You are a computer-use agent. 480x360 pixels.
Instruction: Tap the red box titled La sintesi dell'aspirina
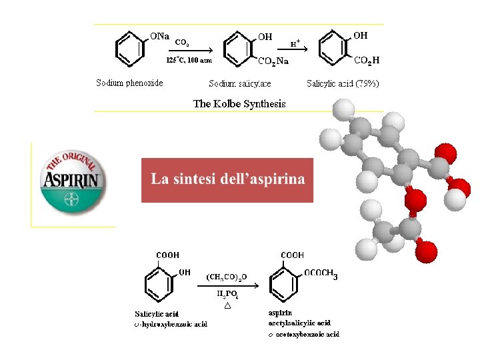pyautogui.click(x=227, y=179)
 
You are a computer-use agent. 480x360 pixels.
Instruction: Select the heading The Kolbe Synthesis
pyautogui.click(x=239, y=103)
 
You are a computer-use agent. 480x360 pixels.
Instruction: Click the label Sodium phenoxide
pyautogui.click(x=129, y=83)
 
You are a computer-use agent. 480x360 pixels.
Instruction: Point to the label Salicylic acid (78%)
pyautogui.click(x=343, y=83)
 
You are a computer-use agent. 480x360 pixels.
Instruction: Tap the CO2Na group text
pyautogui.click(x=273, y=61)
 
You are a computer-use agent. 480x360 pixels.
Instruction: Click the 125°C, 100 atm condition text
pyautogui.click(x=189, y=60)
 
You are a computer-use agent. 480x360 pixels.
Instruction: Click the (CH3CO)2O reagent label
pyautogui.click(x=227, y=276)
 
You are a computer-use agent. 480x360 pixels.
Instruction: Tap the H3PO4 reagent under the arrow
pyautogui.click(x=228, y=294)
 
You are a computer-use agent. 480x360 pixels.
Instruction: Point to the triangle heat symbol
pyautogui.click(x=227, y=306)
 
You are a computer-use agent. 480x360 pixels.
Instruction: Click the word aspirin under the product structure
pyautogui.click(x=279, y=313)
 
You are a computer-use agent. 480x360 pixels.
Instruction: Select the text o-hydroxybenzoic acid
pyautogui.click(x=171, y=324)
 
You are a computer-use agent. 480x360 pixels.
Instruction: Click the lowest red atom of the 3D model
pyautogui.click(x=426, y=252)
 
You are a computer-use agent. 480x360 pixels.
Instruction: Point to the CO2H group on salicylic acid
pyautogui.click(x=367, y=61)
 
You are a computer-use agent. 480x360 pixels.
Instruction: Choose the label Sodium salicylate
pyautogui.click(x=239, y=84)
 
